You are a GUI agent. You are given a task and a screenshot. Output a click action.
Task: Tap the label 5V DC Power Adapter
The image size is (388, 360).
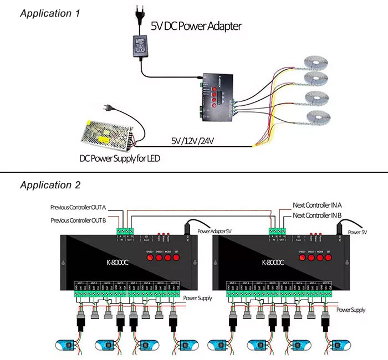point(196,26)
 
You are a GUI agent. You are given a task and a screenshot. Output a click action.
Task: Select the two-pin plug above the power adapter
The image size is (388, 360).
point(136,15)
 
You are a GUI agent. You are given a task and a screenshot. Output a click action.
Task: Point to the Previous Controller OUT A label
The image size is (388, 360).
point(78,208)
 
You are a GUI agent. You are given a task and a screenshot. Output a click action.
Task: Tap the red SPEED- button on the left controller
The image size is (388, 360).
point(150,258)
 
